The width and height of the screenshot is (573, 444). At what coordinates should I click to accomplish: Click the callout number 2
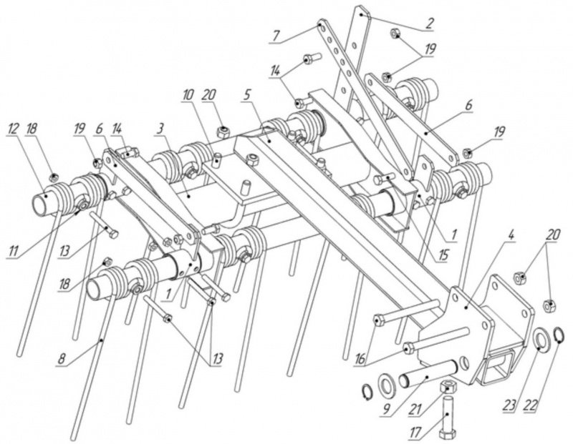pyautogui.click(x=429, y=23)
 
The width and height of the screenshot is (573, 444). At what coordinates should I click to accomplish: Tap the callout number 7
pyautogui.click(x=276, y=36)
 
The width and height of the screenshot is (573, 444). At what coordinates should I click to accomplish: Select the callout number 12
pyautogui.click(x=14, y=129)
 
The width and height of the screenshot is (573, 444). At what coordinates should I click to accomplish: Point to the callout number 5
pyautogui.click(x=247, y=95)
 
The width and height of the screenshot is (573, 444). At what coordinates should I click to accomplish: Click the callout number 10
pyautogui.click(x=188, y=96)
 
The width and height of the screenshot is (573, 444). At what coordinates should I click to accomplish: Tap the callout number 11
pyautogui.click(x=14, y=251)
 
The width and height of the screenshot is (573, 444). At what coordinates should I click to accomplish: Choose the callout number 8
pyautogui.click(x=62, y=359)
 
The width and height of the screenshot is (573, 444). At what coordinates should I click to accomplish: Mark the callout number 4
pyautogui.click(x=511, y=235)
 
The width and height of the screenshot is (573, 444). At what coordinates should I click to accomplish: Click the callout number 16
pyautogui.click(x=360, y=359)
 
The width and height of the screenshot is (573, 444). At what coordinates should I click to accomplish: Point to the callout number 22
pyautogui.click(x=532, y=405)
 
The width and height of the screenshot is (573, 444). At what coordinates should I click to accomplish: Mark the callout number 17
pyautogui.click(x=415, y=433)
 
